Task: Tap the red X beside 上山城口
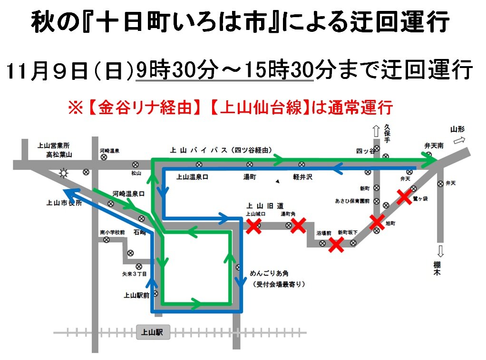(253, 227)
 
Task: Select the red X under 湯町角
(298, 226)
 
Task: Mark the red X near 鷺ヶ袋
(404, 196)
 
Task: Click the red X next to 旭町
(377, 222)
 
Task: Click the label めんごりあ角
(269, 274)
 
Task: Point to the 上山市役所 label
(63, 203)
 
